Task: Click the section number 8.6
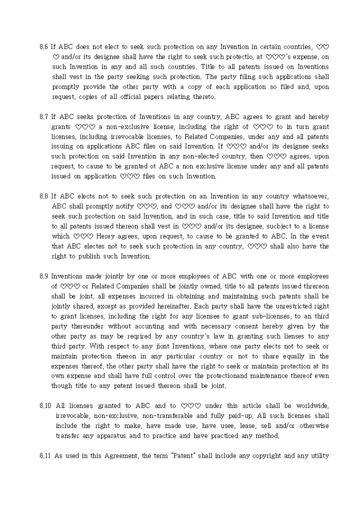44,47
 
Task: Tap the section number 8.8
44,196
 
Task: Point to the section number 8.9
44,277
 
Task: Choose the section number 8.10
46,406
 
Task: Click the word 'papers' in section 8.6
155,97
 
